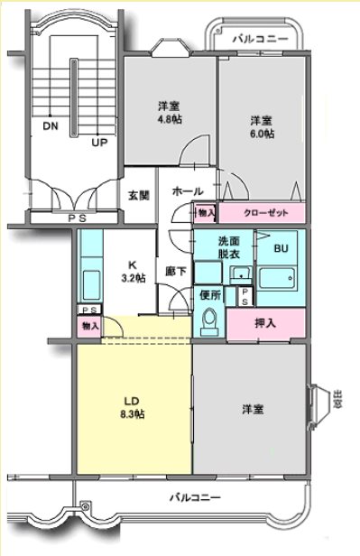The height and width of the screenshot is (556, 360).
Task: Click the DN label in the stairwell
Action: [x=50, y=127]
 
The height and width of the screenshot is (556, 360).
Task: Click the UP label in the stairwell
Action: [x=98, y=143]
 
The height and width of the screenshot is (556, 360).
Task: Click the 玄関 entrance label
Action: [x=138, y=195]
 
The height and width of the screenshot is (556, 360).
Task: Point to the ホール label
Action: [x=187, y=191]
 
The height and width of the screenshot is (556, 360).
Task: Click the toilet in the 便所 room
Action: [x=210, y=320]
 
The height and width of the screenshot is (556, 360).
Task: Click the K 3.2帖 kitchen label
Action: [x=133, y=272]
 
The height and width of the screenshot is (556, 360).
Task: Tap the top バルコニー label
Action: [x=260, y=40]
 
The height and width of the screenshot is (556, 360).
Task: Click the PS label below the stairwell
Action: [x=72, y=217]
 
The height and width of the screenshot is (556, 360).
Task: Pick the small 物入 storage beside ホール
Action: [x=206, y=213]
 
